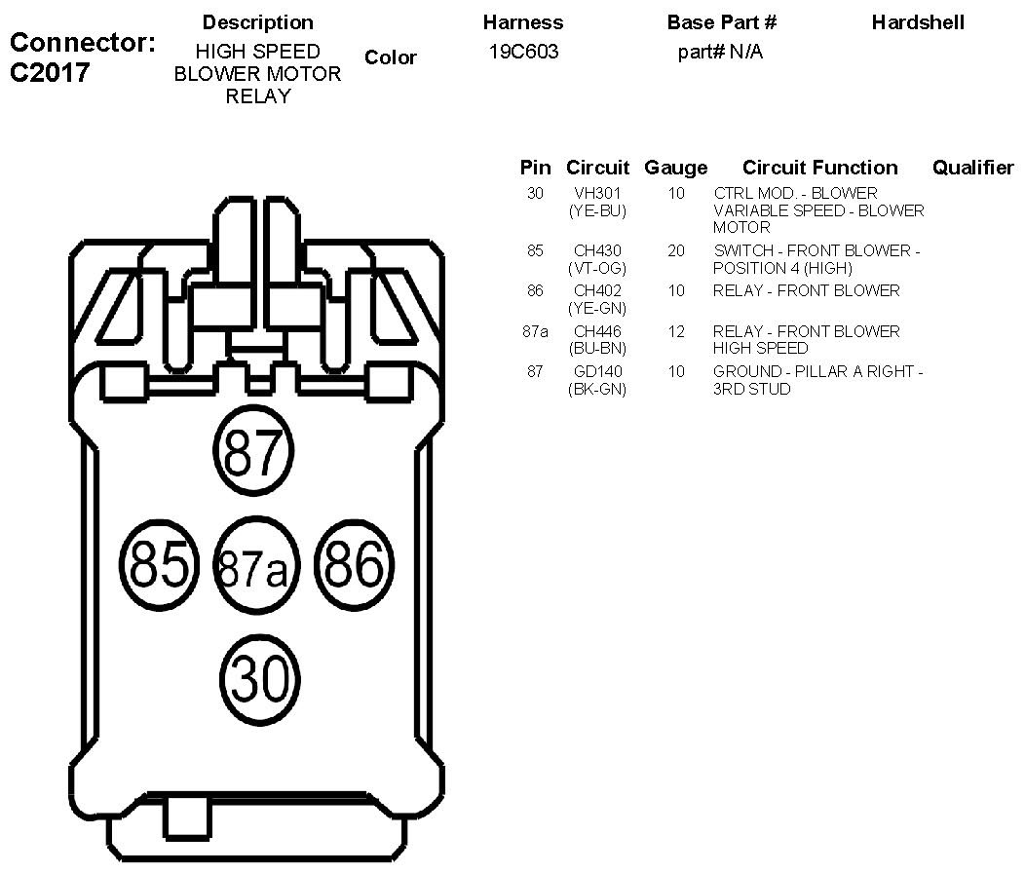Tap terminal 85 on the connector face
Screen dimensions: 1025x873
[x=159, y=563]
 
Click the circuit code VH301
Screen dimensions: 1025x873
[x=597, y=193]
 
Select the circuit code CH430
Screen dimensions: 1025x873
[x=597, y=250]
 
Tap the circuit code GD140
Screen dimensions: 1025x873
[x=597, y=371]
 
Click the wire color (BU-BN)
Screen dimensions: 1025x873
[x=597, y=349]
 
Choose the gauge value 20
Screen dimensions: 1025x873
[x=676, y=250]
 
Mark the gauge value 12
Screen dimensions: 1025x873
[x=676, y=331]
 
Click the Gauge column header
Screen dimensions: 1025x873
[x=676, y=168]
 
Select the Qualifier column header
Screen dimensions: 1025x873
[x=972, y=168]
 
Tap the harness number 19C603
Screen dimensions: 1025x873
[x=524, y=52]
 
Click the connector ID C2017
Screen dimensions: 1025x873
[x=50, y=73]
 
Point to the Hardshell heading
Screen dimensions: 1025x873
[x=918, y=21]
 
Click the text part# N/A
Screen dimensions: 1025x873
[x=720, y=52]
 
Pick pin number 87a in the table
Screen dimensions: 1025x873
[x=535, y=331]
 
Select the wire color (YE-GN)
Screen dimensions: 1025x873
[x=597, y=308]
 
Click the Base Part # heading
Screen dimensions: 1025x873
[x=722, y=21]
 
